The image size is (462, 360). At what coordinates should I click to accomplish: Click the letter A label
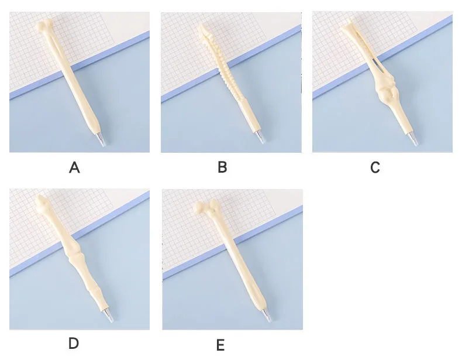[x=74, y=168]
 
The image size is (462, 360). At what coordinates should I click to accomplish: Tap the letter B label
[x=222, y=167]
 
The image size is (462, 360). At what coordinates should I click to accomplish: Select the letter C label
[x=375, y=167]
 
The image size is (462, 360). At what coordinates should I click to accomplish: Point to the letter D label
[x=74, y=344]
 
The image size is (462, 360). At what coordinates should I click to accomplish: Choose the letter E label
[x=220, y=345]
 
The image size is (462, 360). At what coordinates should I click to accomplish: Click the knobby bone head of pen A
[x=44, y=25]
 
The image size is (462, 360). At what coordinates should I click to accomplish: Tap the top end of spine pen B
[x=203, y=29]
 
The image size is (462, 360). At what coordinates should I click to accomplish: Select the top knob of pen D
[x=42, y=202]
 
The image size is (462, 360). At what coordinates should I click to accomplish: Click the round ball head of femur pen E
[x=199, y=208]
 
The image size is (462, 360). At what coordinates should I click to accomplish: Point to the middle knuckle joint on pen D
[x=71, y=250]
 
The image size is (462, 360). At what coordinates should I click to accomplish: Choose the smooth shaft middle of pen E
[x=238, y=259]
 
